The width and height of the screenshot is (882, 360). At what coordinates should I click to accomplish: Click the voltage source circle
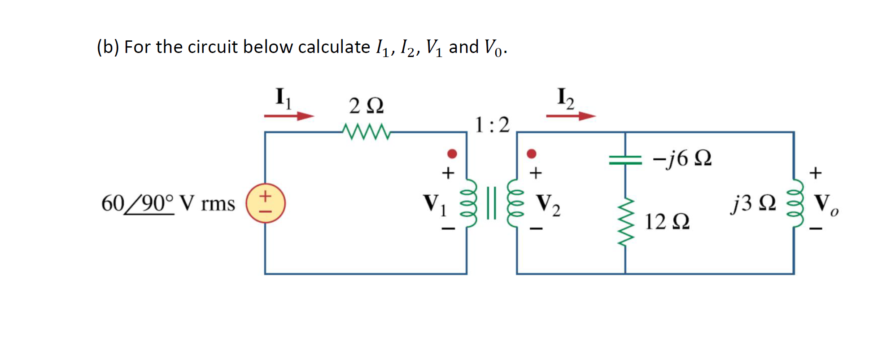(x=266, y=203)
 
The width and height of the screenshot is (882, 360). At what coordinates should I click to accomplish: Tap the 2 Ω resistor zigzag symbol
(x=366, y=132)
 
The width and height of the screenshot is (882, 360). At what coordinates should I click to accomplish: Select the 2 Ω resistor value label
(x=366, y=106)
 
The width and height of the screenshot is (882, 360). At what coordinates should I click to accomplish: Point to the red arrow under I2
(x=571, y=116)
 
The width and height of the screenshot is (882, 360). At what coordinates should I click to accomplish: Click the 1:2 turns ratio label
(x=492, y=125)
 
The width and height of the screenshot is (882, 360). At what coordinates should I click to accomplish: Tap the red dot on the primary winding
(x=452, y=154)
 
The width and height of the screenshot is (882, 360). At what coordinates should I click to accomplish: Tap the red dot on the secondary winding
(x=532, y=154)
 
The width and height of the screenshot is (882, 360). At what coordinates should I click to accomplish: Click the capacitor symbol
(x=625, y=160)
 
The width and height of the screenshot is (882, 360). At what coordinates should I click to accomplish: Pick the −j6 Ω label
(x=682, y=158)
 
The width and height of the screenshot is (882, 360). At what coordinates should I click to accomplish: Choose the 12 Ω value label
(x=667, y=222)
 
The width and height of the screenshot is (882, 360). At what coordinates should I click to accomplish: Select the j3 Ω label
(x=753, y=203)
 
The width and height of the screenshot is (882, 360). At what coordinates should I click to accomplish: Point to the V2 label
(x=548, y=204)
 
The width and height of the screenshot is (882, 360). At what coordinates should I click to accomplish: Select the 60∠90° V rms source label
(x=168, y=203)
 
